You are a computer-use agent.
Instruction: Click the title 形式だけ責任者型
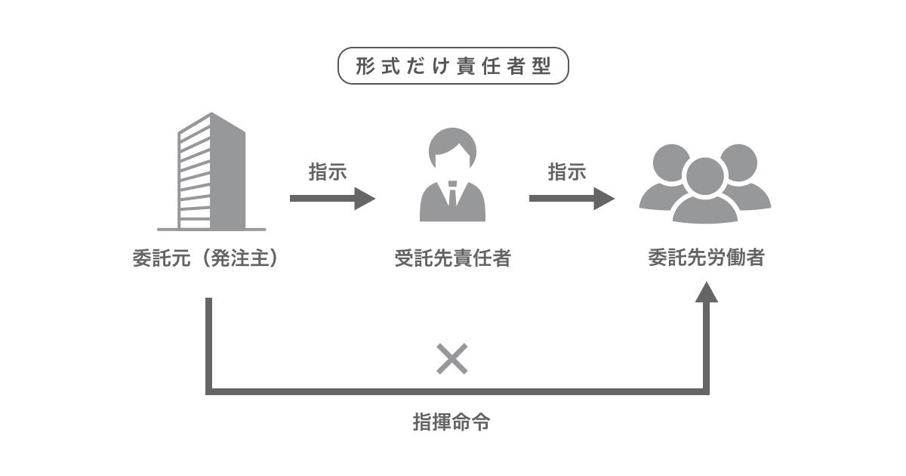(x=452, y=66)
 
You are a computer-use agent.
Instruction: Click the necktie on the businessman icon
(x=452, y=195)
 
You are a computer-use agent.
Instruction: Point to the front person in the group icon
(x=704, y=193)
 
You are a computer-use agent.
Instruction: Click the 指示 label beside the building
(x=328, y=172)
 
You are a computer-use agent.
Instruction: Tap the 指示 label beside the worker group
(x=567, y=172)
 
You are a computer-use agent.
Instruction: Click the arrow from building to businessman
(x=332, y=199)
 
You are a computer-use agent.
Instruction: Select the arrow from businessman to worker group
(x=572, y=199)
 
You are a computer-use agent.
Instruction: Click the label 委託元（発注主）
(x=206, y=258)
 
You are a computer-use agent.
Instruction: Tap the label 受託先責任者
(x=452, y=258)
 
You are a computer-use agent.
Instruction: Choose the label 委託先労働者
(x=706, y=258)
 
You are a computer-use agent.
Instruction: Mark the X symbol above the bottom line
(x=452, y=360)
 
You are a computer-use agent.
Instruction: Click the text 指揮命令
(x=452, y=422)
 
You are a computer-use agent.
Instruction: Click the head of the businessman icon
(x=452, y=149)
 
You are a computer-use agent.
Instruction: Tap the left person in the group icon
(x=664, y=181)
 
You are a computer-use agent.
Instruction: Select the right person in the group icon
(x=744, y=181)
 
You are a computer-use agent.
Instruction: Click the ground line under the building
(x=212, y=228)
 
